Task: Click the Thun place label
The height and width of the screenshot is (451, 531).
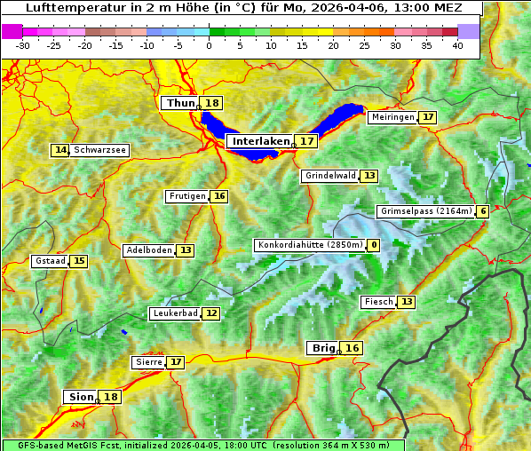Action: [x=180, y=104]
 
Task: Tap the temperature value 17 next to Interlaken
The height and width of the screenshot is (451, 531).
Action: [x=307, y=141]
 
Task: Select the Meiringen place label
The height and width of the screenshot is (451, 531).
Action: [x=392, y=117]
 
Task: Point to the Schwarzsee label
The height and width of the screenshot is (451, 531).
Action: [x=100, y=150]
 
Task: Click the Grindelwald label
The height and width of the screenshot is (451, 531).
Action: [x=330, y=176]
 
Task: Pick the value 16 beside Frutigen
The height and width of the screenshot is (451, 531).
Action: [x=219, y=196]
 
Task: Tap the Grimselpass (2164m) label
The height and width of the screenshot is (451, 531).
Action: [x=425, y=211]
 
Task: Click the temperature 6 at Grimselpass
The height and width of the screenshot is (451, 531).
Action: [x=482, y=211]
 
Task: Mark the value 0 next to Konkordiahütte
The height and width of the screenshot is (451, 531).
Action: [x=374, y=245]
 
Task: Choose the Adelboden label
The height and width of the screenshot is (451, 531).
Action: [x=149, y=250]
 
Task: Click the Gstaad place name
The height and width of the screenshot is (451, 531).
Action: [x=51, y=261]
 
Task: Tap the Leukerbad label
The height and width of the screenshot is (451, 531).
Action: [x=174, y=313]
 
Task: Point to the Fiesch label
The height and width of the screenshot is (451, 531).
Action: [x=378, y=302]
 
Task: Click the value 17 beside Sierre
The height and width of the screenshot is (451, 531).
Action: [x=176, y=362]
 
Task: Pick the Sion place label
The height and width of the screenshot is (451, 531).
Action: [x=79, y=397]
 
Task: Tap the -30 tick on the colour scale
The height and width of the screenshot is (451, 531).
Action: [x=23, y=45]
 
